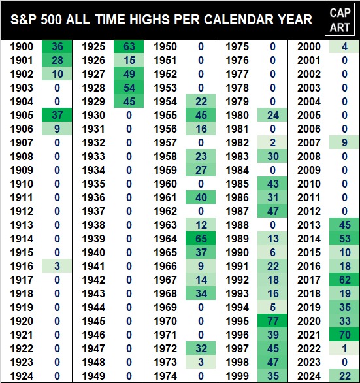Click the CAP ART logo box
coord(340,20)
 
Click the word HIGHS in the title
coord(149,20)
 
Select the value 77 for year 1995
coord(273,321)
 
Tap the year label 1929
coord(93,101)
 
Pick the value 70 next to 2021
coord(344,335)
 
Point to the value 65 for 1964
coord(201,239)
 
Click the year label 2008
coord(308,156)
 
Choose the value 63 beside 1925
coord(129,46)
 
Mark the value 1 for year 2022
coord(344,348)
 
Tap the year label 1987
coord(237,211)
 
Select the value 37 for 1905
coord(57,115)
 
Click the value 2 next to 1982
coord(273,142)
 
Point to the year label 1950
coord(165,46)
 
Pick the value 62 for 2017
coord(344,280)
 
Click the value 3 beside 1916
coord(57,266)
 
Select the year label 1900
coord(22,46)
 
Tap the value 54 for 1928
coord(129,88)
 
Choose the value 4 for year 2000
coord(344,46)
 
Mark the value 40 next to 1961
coord(201,197)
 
